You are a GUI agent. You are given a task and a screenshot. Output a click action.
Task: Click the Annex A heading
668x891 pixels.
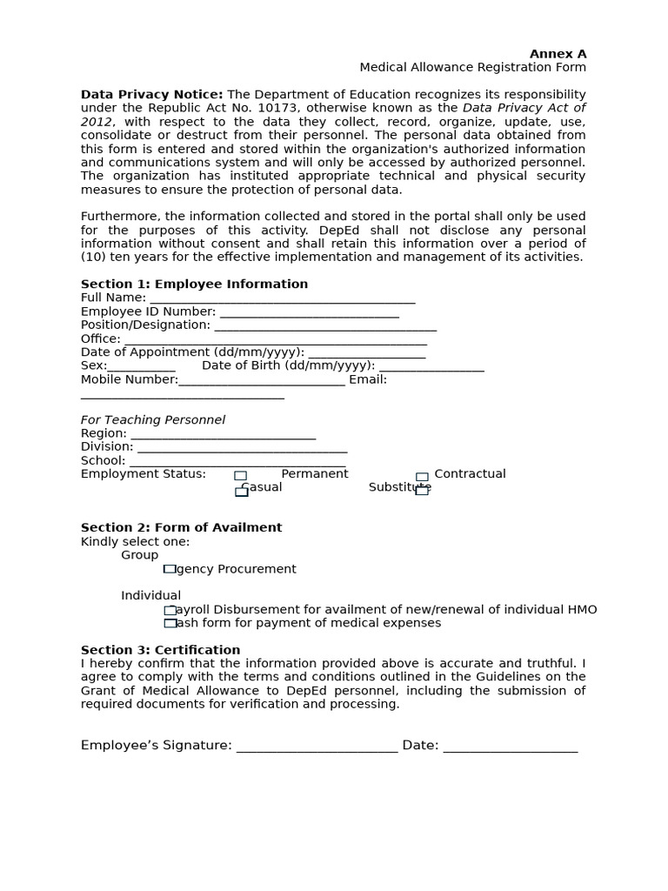558,54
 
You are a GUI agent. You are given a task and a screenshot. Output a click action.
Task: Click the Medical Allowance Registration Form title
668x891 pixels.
472,68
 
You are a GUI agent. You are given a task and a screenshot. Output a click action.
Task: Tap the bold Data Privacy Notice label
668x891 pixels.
151,94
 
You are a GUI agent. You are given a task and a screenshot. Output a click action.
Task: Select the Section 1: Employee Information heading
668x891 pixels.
194,284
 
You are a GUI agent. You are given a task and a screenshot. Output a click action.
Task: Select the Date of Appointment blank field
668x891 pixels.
366,353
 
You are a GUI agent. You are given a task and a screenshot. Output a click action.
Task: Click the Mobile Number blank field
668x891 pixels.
261,381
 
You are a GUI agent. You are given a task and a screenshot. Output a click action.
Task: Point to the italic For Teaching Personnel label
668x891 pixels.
153,420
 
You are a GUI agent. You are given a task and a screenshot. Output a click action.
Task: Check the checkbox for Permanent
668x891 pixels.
240,476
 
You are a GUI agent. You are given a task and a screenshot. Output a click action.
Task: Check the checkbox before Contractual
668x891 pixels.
422,476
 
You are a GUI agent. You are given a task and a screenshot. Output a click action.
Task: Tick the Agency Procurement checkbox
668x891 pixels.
170,569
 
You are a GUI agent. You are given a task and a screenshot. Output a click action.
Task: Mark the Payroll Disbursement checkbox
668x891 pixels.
170,610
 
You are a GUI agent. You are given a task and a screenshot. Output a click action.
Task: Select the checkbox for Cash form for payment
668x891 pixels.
170,623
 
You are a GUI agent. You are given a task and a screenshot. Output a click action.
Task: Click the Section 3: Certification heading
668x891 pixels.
160,650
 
